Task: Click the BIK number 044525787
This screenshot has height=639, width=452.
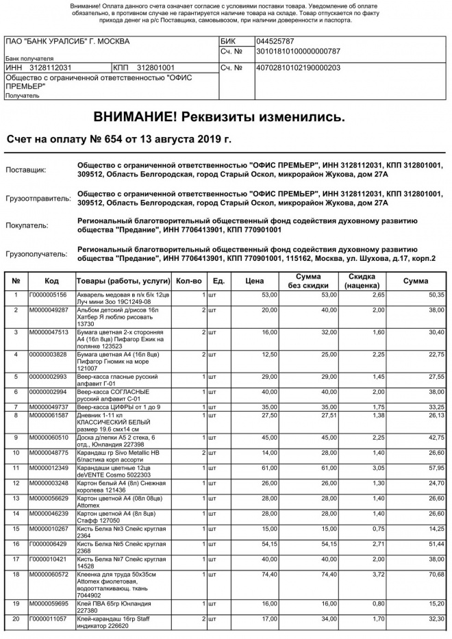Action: tap(275, 41)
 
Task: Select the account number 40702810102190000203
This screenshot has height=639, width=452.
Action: tap(297, 68)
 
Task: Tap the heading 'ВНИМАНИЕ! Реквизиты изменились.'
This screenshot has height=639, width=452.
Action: tap(219, 117)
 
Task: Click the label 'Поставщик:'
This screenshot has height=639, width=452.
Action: tap(26, 170)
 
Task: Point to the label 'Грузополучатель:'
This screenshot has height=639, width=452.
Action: tap(38, 254)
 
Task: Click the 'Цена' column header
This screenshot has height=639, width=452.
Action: tap(254, 281)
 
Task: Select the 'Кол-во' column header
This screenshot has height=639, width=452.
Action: tap(189, 281)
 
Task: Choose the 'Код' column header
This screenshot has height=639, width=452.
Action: tap(51, 281)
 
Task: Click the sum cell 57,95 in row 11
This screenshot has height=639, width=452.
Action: tap(436, 468)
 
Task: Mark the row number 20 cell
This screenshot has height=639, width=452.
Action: tap(16, 619)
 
